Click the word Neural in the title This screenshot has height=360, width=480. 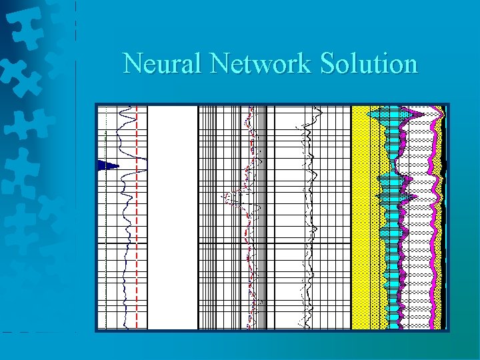click(163, 64)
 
